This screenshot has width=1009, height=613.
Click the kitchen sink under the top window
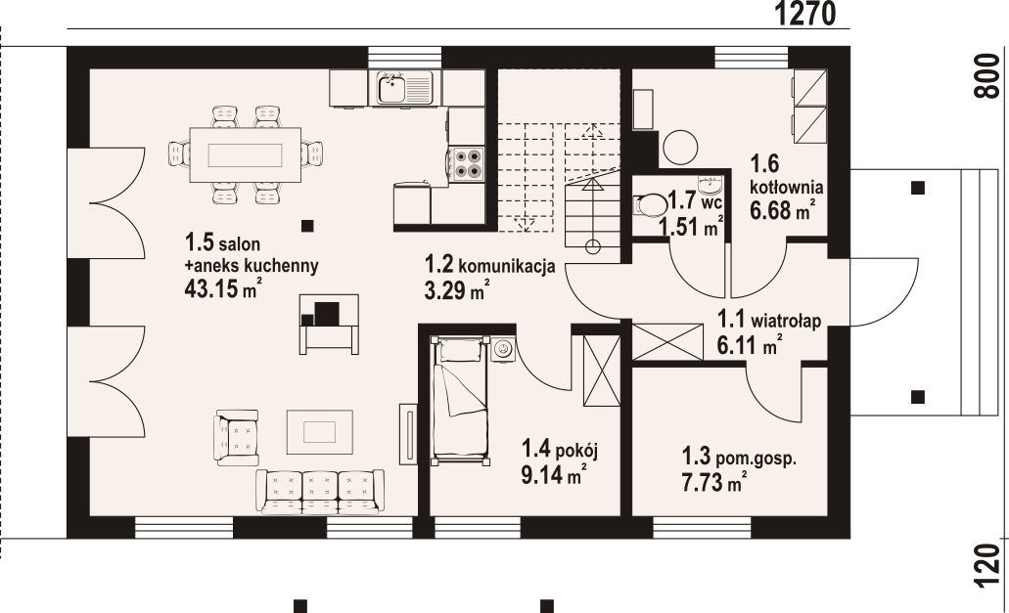coord(405,87)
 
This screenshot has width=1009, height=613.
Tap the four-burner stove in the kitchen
coord(468,163)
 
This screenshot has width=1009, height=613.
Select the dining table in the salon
coord(246,155)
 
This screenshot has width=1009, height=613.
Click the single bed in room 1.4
coord(461,398)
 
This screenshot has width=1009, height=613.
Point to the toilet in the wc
coord(651,205)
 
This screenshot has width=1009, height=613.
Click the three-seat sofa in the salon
coord(320,491)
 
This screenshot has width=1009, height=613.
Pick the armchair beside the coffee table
coord(237,438)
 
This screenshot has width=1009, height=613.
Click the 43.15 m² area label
coord(222,288)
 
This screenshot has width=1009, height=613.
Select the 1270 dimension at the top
coord(804,13)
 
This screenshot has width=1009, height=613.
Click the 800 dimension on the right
coord(989,76)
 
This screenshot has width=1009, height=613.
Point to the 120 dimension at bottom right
coord(989,566)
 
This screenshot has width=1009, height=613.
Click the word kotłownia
coord(786,188)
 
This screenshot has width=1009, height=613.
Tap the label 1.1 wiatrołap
coord(769,320)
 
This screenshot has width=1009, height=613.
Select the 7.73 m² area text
coord(714,482)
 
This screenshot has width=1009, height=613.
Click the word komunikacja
coord(507,266)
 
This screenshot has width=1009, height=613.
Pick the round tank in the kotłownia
coord(680,148)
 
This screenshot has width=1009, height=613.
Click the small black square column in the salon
coord(307,226)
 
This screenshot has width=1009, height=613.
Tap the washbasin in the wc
coord(711,186)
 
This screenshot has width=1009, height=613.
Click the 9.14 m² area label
coord(553,475)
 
